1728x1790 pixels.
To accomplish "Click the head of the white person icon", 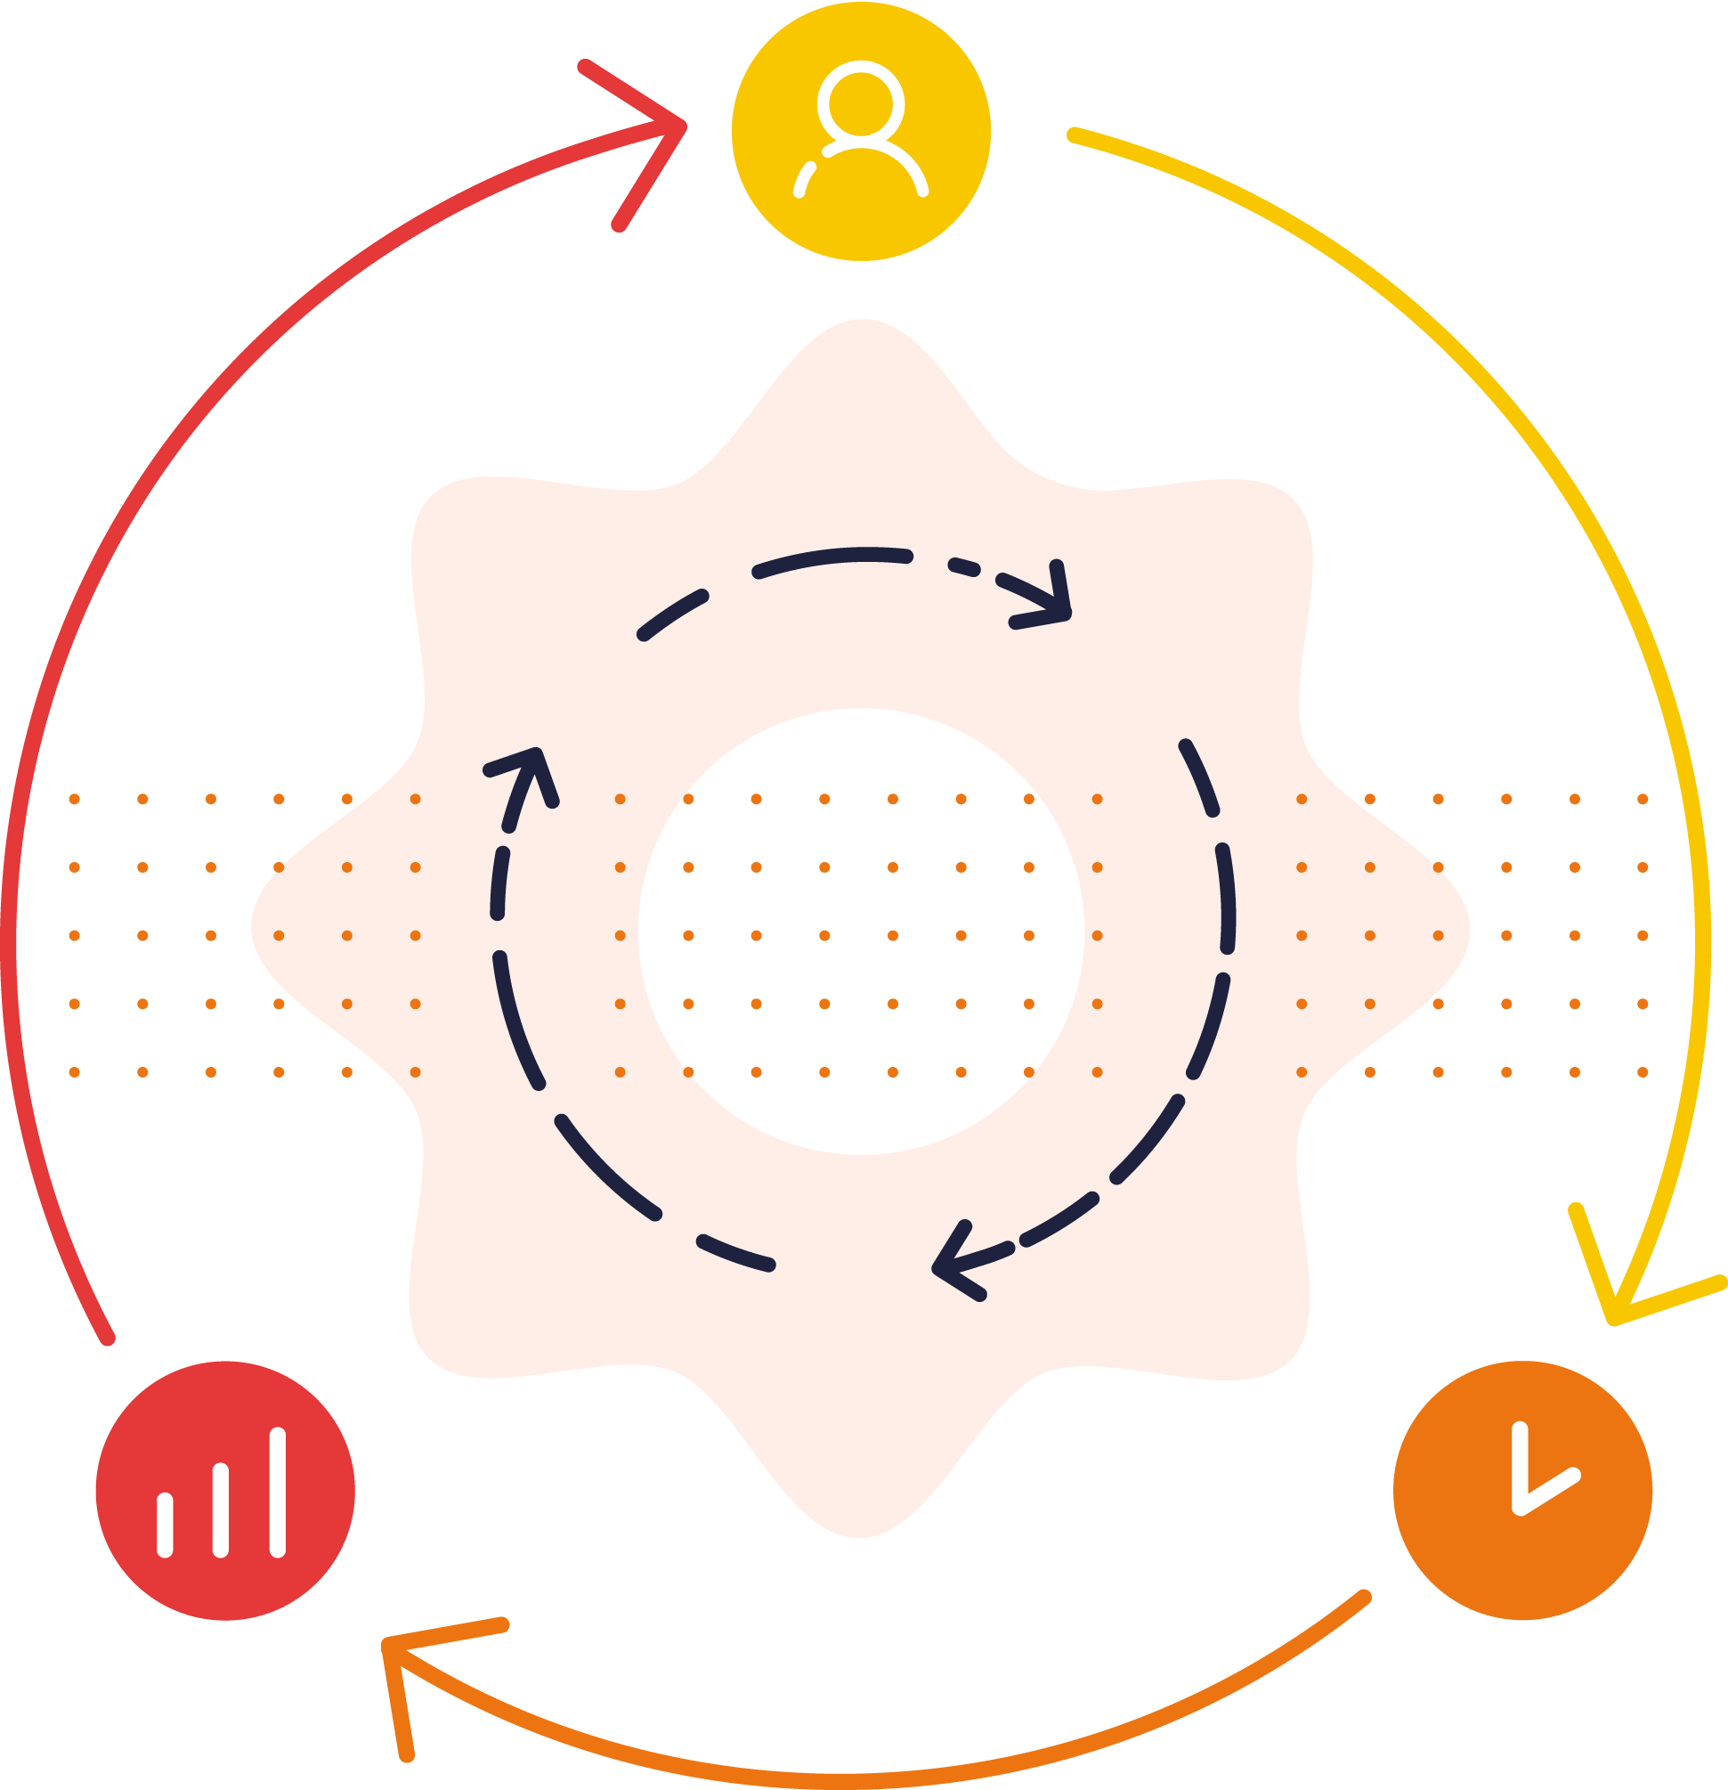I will point(860,103).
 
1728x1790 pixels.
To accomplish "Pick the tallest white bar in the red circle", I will point(278,1492).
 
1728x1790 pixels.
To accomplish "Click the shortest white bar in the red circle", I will point(166,1525).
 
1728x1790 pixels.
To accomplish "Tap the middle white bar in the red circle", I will point(221,1509).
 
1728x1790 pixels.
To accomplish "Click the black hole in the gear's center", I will point(860,932).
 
